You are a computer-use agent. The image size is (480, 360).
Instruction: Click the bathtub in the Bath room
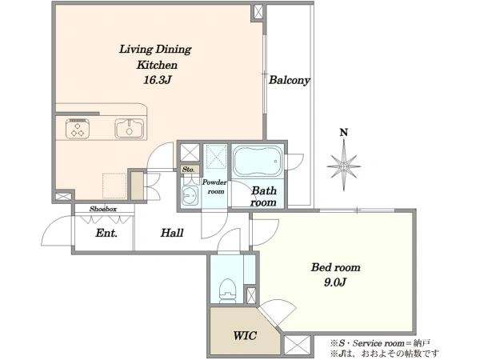(x=258, y=161)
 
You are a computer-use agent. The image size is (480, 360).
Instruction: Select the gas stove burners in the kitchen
(x=78, y=129)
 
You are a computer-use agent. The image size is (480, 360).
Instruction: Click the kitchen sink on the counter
(x=129, y=129)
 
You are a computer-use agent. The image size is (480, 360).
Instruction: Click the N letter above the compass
(x=344, y=133)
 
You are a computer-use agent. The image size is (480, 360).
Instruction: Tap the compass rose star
(x=344, y=166)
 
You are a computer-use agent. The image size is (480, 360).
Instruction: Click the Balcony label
(x=290, y=80)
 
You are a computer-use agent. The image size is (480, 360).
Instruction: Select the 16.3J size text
(x=157, y=80)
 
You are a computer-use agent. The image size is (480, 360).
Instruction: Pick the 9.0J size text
(x=335, y=282)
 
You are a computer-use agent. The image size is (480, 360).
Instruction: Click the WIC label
(x=245, y=336)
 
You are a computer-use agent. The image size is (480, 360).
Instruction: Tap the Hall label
(x=172, y=233)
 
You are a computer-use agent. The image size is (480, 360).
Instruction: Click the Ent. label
(x=106, y=234)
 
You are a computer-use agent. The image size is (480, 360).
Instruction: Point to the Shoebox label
(x=103, y=209)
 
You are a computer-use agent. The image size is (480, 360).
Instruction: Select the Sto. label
(x=188, y=170)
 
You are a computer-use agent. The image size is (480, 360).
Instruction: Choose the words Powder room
(x=215, y=186)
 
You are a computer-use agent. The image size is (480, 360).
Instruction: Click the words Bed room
(x=336, y=267)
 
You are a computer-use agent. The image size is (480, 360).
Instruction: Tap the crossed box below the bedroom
(x=298, y=346)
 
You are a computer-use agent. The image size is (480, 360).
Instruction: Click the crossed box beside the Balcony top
(x=258, y=12)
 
